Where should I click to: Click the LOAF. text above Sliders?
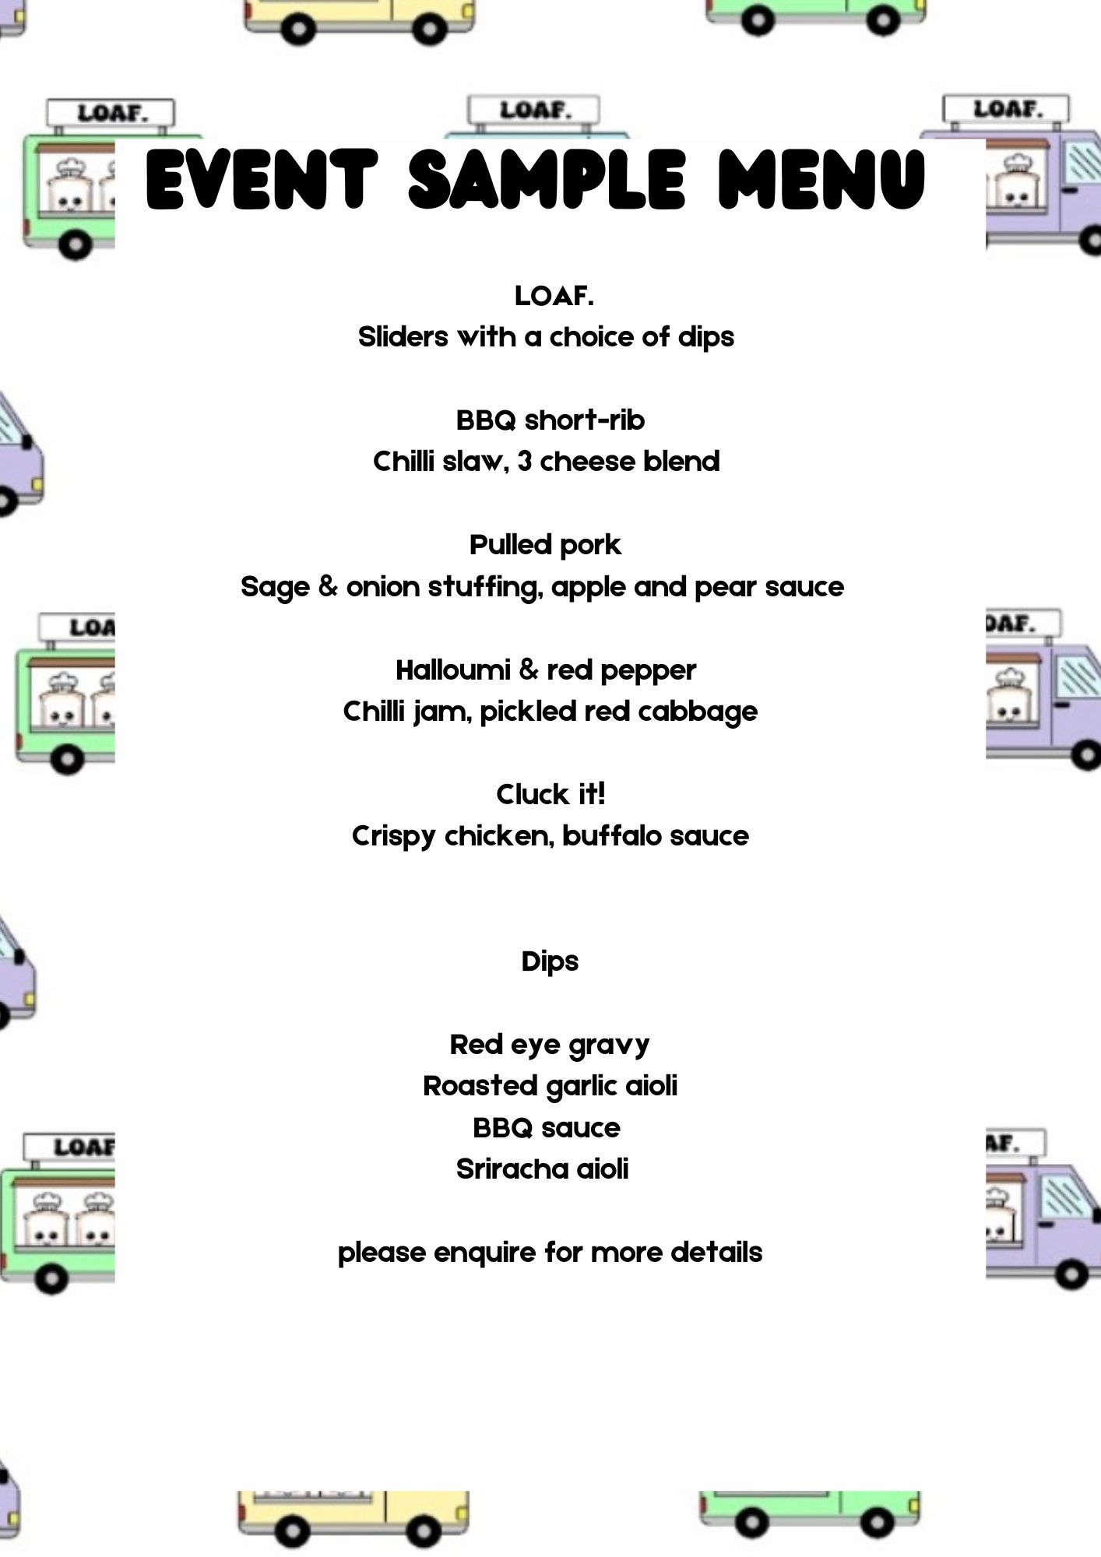coord(554,296)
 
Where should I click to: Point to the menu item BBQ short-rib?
coord(550,420)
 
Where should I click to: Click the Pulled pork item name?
coord(545,546)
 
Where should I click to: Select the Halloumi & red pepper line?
coord(546,670)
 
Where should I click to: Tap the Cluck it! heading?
coord(550,794)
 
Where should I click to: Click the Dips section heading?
coord(550,961)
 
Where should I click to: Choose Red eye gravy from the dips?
coord(550,1045)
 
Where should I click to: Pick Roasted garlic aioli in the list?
coord(550,1086)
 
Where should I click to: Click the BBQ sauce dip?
coord(547,1127)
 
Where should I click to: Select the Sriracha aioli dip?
coord(542,1169)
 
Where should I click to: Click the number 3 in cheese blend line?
coord(525,462)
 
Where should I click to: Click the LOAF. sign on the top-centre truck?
coord(534,110)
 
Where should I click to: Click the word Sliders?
coord(403,337)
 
